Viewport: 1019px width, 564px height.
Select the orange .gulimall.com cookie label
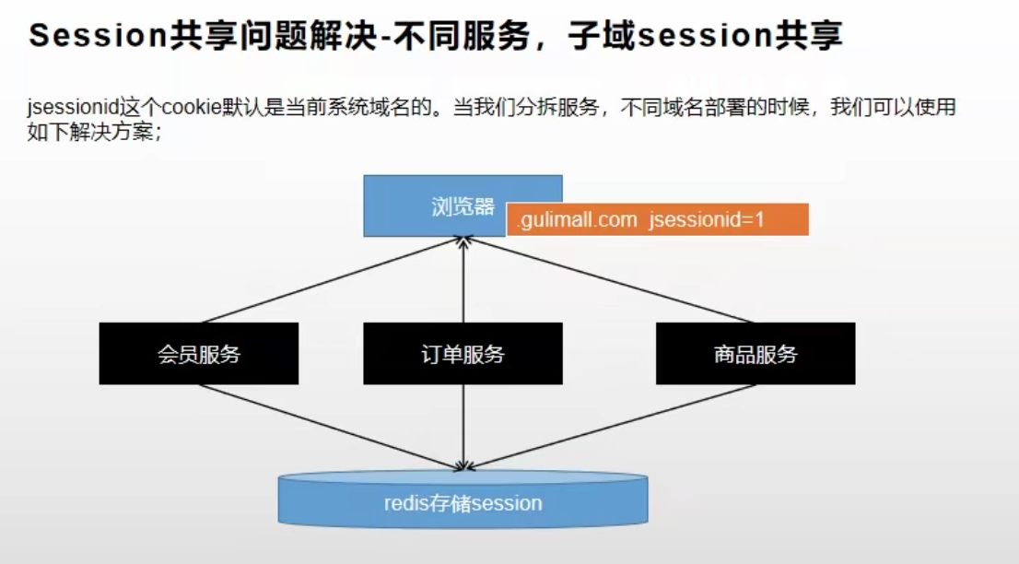point(657,219)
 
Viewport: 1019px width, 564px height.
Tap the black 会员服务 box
point(198,353)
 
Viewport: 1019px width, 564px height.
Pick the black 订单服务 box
point(463,353)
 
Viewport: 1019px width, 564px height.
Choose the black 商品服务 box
point(755,353)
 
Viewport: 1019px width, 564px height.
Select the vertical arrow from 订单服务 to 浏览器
point(463,281)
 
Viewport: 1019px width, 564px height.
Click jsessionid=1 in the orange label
point(707,220)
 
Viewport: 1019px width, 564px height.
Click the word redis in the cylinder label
point(405,504)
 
